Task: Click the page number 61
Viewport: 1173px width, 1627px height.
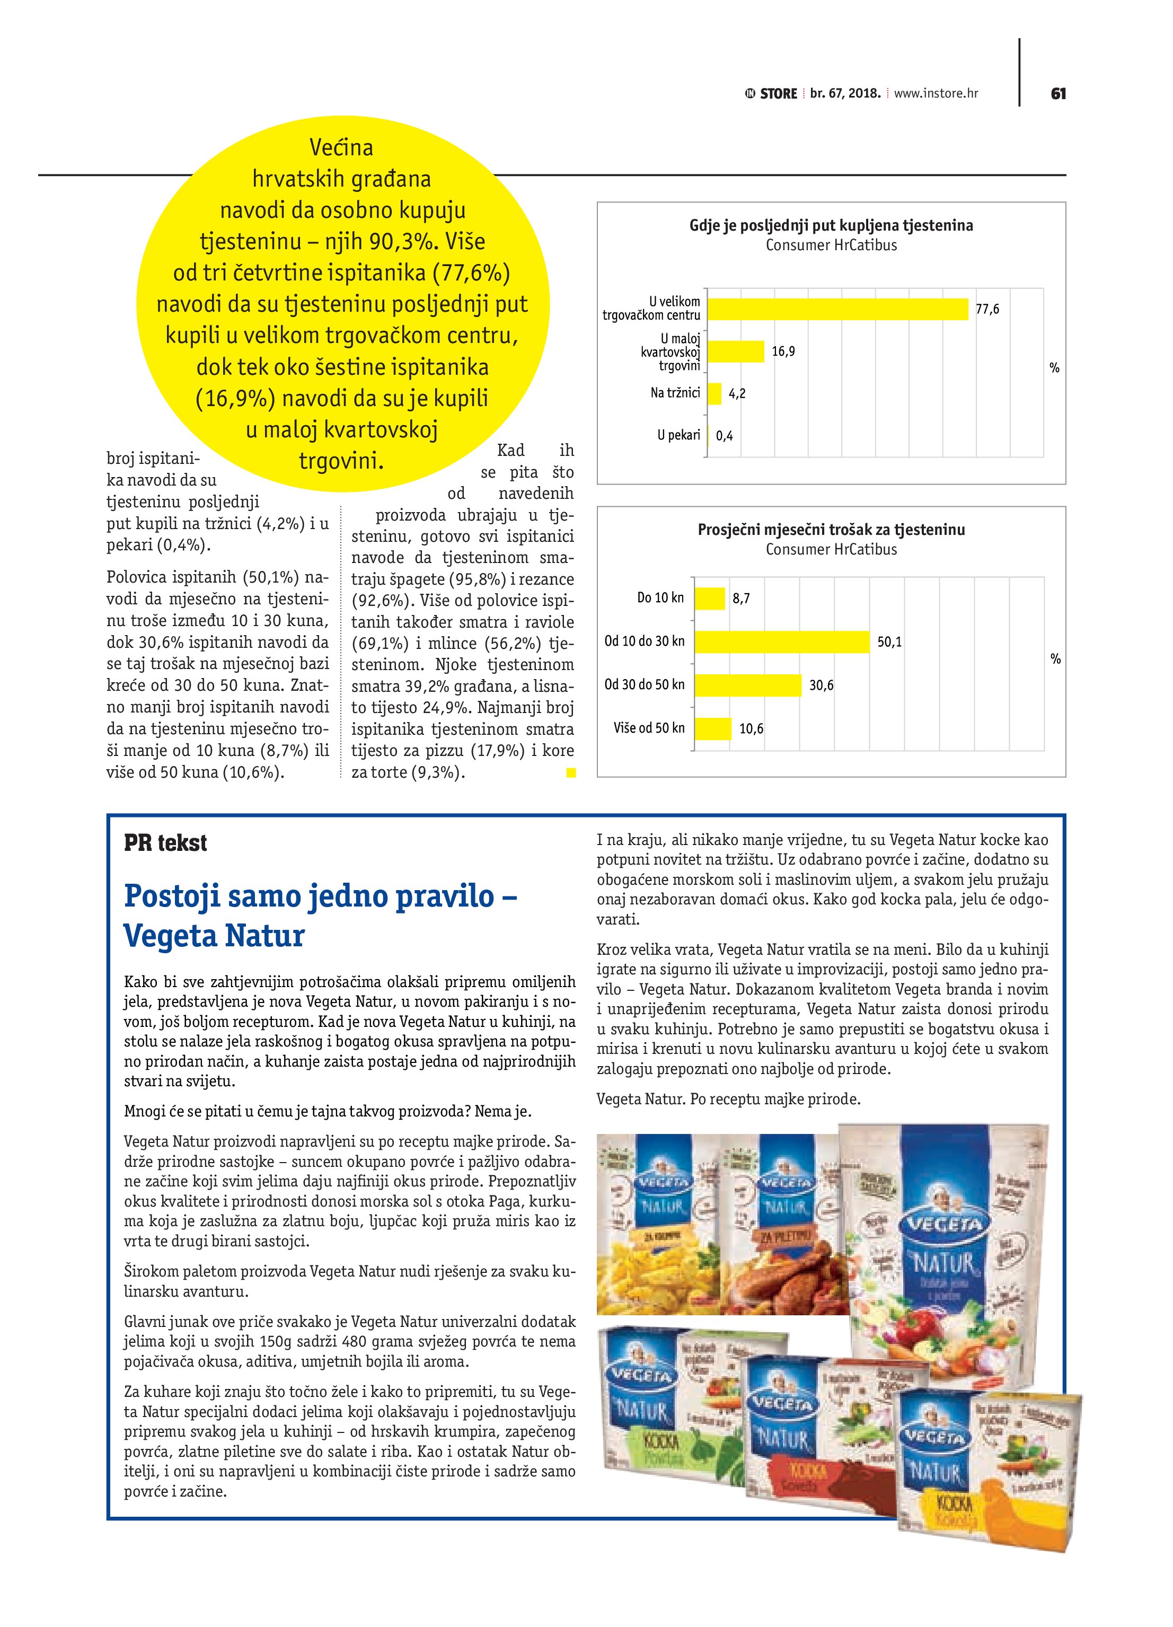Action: (1057, 93)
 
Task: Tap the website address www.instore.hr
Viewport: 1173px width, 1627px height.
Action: (936, 93)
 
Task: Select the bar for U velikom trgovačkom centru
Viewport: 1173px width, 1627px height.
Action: (837, 309)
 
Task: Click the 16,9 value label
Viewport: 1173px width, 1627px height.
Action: (783, 351)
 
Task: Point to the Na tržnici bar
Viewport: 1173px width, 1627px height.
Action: (714, 393)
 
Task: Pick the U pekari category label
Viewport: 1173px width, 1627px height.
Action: (678, 435)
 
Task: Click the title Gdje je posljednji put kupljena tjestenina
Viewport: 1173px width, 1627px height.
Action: (831, 225)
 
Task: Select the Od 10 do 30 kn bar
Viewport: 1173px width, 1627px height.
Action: (782, 641)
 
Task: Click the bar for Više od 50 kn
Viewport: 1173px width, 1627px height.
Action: (712, 729)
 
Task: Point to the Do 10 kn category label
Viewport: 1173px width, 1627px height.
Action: (660, 597)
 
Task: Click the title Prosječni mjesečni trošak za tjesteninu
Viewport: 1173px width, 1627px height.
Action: (831, 530)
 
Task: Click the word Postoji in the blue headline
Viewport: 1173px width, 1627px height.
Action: (174, 896)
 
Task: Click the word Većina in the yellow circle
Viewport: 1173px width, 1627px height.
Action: (341, 148)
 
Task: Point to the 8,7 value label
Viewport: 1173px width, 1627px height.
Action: (741, 599)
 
